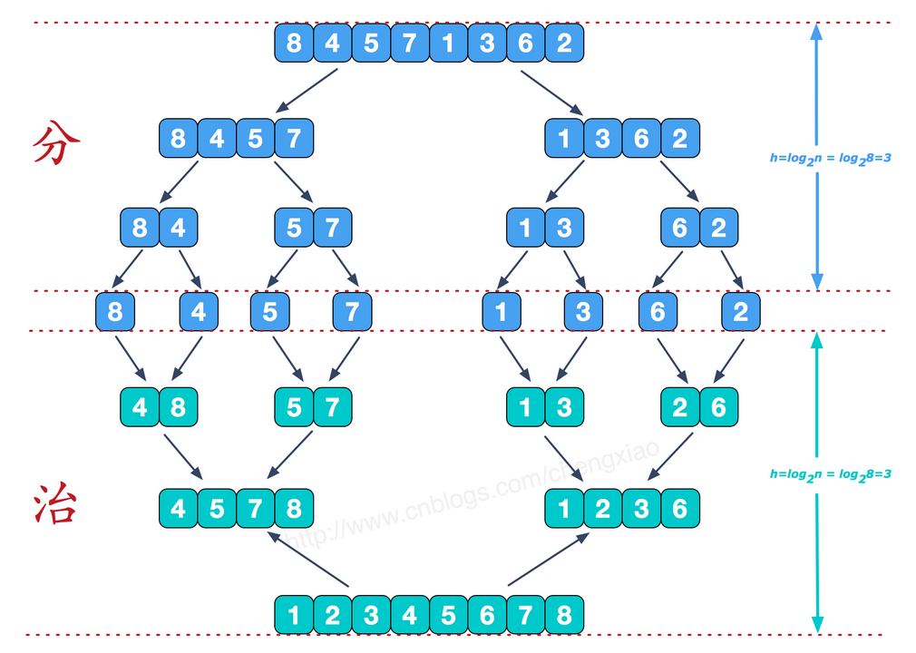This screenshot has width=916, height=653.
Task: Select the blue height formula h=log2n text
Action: [830, 158]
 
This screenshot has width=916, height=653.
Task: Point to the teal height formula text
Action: [830, 474]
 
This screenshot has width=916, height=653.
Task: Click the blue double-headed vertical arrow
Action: [816, 91]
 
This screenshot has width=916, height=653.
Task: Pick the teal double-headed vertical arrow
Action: [816, 399]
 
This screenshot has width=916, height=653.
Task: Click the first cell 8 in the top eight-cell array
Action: [294, 43]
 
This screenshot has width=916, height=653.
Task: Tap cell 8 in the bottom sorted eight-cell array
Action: [564, 615]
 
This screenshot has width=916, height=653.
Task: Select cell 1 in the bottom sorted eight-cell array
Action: [294, 615]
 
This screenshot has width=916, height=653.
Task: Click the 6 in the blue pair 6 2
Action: [680, 227]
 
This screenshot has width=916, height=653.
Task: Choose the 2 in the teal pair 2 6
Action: [680, 407]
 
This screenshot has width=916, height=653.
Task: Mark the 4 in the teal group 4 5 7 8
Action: [178, 508]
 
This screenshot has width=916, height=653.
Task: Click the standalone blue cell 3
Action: [583, 313]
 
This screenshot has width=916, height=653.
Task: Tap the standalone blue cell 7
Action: [352, 313]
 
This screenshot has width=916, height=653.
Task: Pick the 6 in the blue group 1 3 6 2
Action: [641, 138]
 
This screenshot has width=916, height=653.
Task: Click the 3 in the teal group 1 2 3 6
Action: [641, 508]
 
